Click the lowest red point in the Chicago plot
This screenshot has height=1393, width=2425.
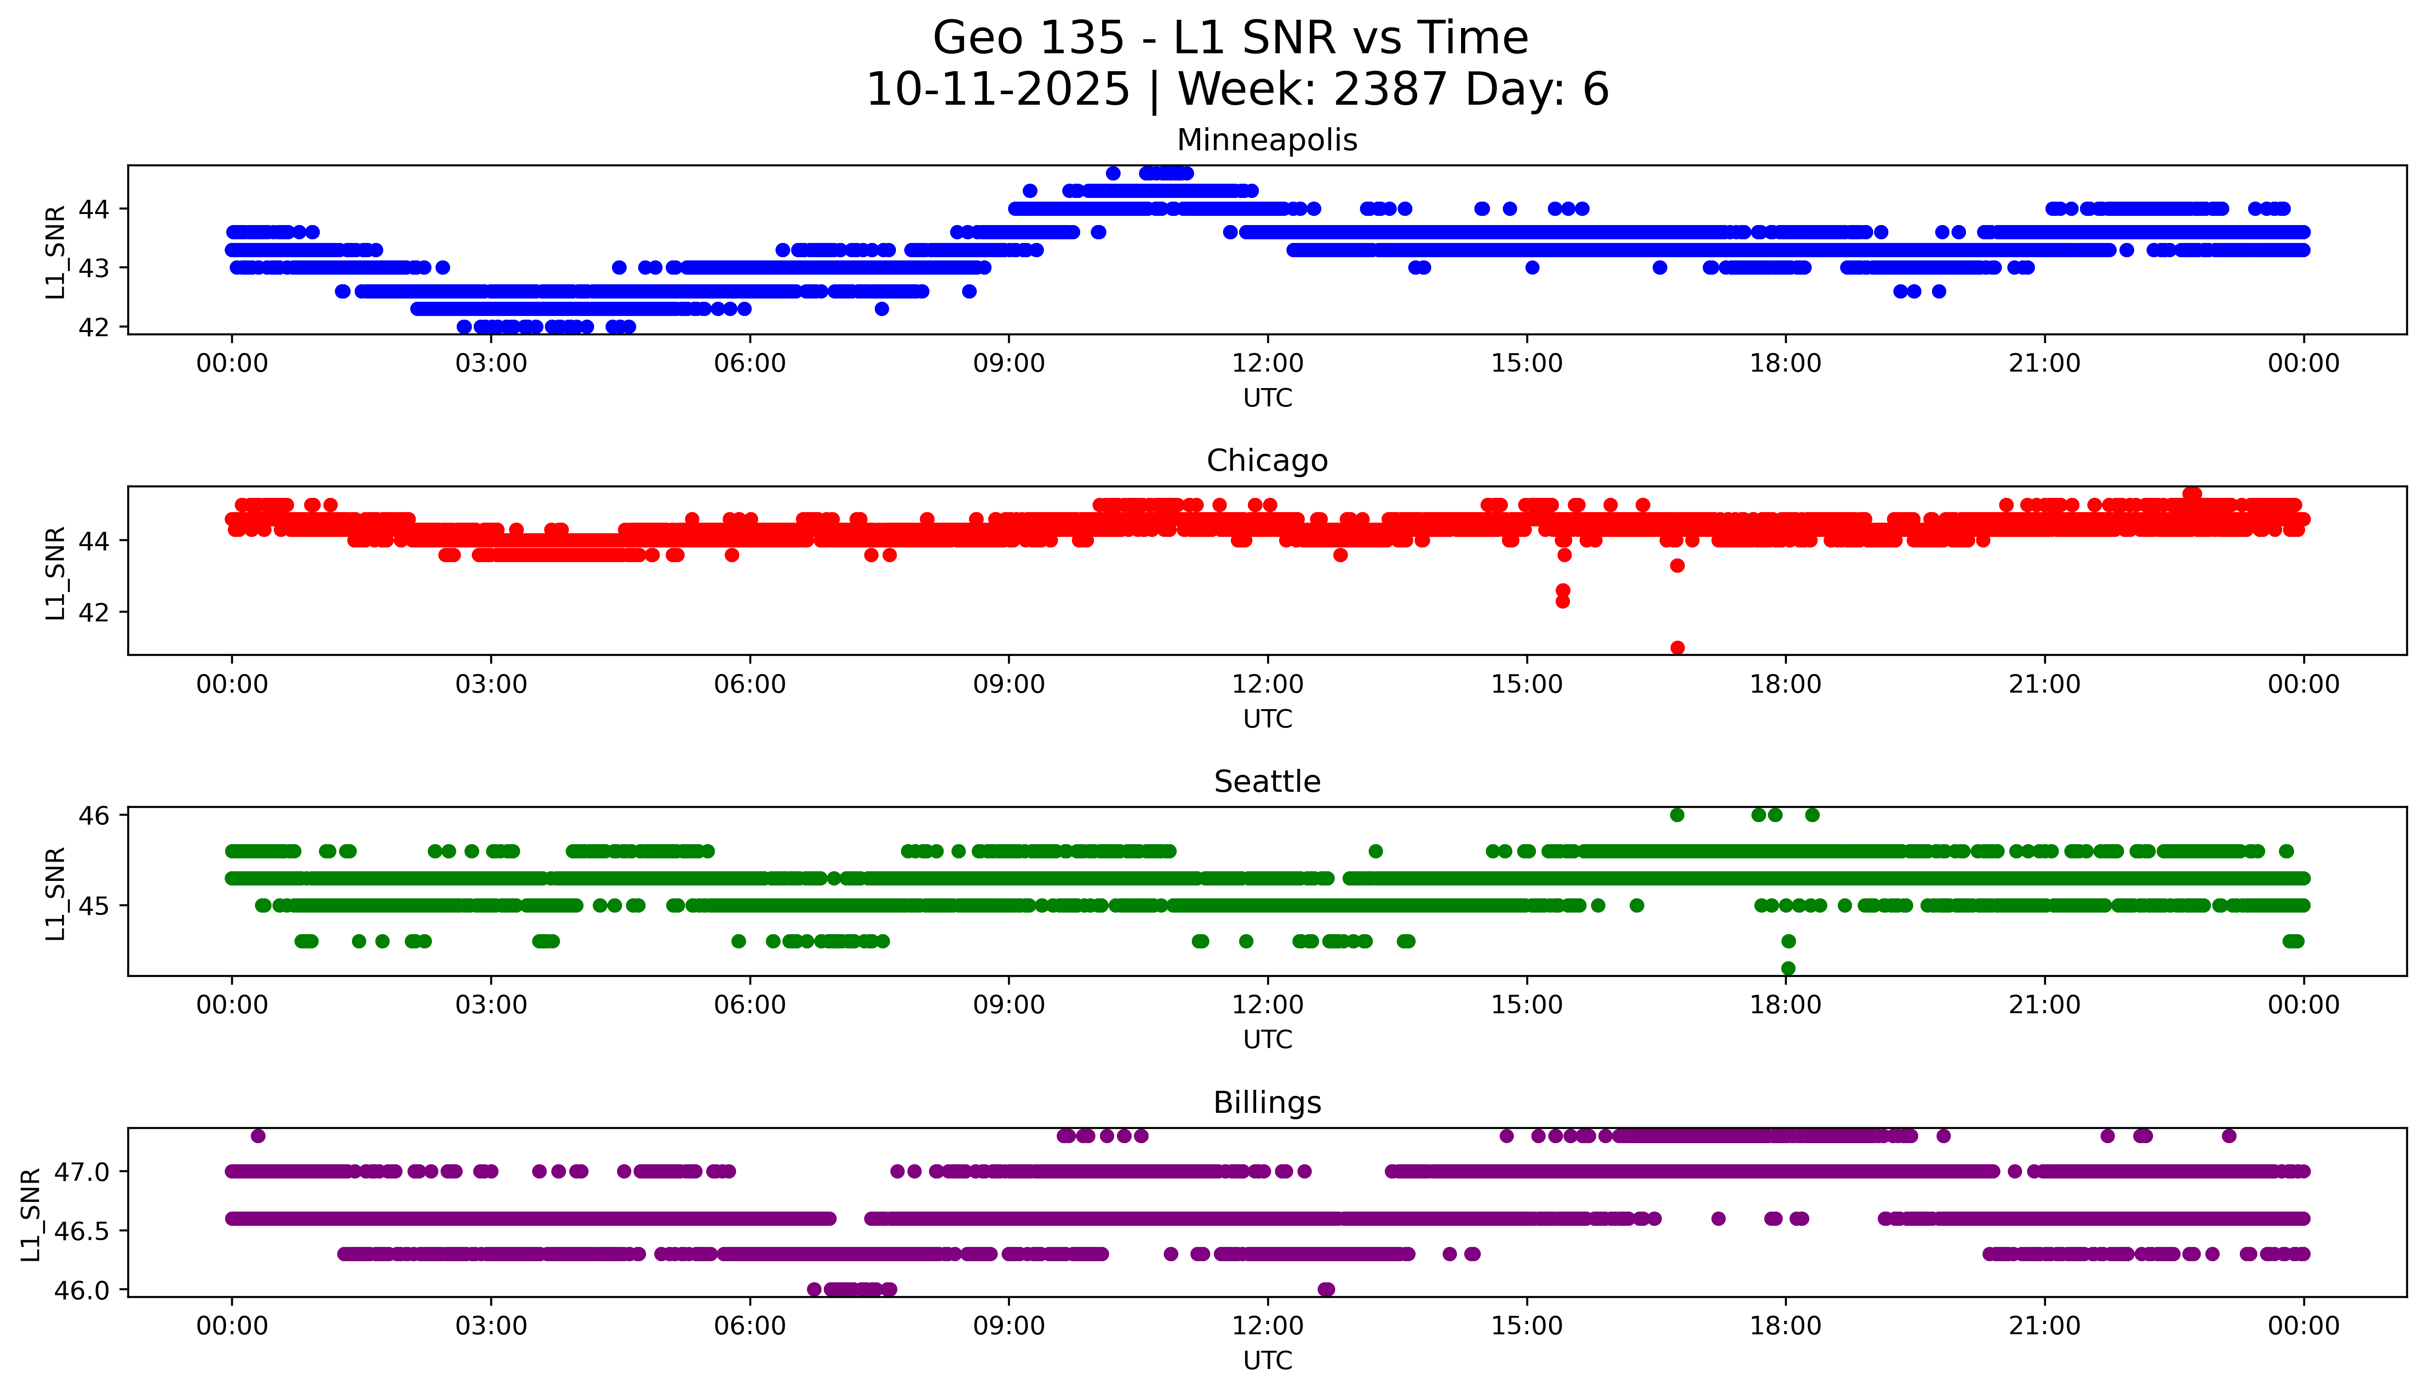(1677, 648)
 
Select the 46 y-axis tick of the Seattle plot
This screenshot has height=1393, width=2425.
(95, 815)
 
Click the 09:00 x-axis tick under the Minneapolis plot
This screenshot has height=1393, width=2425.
(1009, 364)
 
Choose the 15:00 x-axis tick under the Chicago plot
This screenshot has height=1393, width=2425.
(1526, 684)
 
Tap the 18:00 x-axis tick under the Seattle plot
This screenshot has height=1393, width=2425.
(1786, 1004)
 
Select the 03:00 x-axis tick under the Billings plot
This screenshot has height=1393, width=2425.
(491, 1326)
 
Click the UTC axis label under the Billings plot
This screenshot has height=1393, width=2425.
(1267, 1359)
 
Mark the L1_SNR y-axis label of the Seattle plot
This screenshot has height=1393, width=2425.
(56, 893)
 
